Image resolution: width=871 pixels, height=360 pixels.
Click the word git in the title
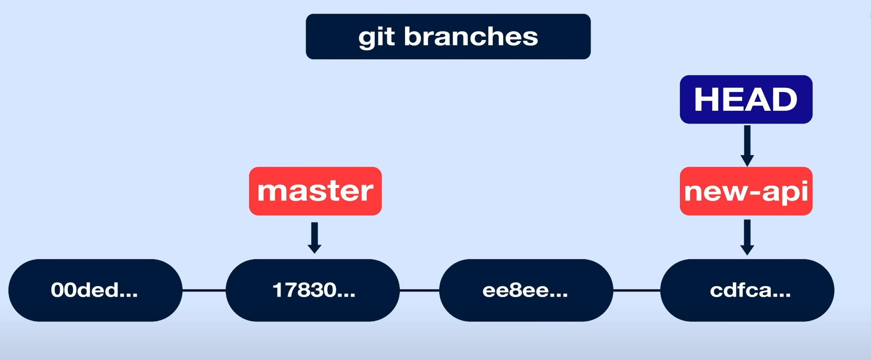tap(377, 37)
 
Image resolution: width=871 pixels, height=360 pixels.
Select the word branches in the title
tap(471, 37)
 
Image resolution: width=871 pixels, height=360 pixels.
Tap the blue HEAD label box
tap(746, 99)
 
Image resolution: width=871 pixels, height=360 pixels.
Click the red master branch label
tap(315, 191)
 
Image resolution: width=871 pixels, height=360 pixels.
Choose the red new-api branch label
tap(746, 191)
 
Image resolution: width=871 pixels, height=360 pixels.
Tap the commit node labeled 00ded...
tap(95, 290)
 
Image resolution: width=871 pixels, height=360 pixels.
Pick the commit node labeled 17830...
tap(313, 290)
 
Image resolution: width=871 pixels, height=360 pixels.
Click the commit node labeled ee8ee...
tap(526, 290)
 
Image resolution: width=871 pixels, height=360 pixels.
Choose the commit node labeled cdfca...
tap(747, 290)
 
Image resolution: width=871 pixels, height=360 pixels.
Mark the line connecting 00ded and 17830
tap(204, 290)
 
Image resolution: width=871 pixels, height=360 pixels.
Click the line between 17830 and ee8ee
tap(420, 290)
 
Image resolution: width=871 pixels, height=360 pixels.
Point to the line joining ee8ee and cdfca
tap(636, 290)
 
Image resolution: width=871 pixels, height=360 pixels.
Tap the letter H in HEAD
tap(706, 99)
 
